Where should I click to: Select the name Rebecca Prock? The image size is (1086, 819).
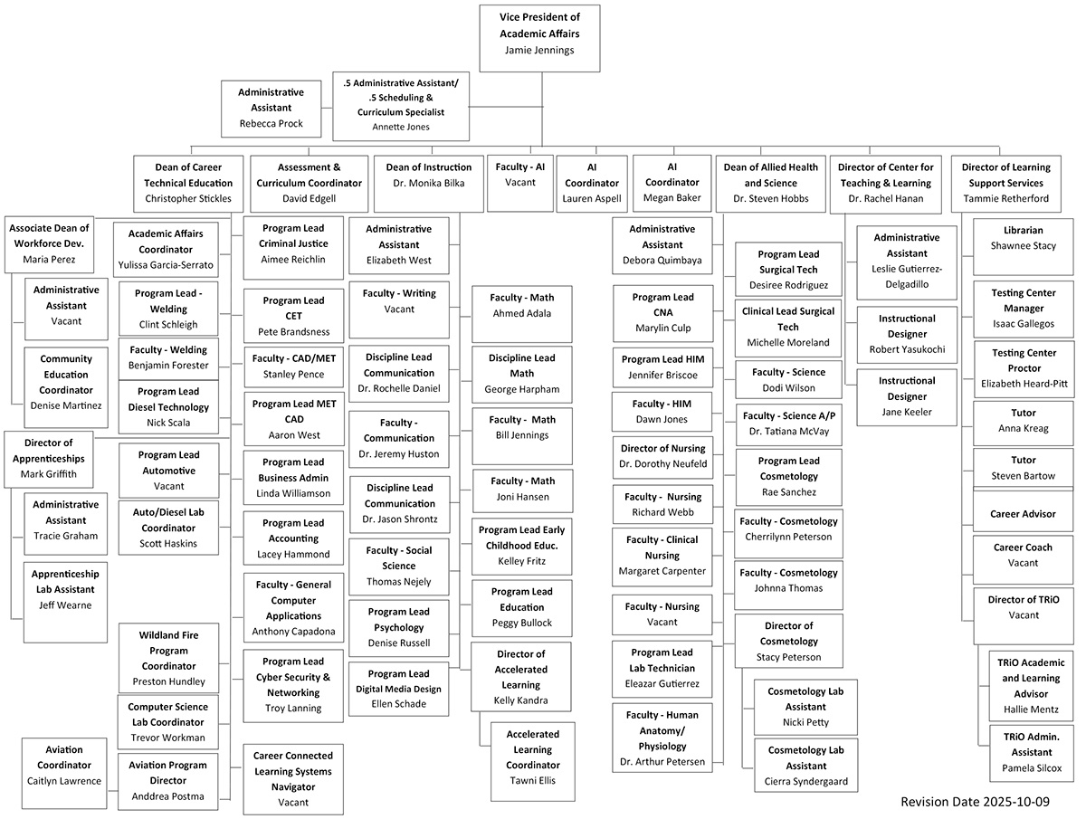pyautogui.click(x=271, y=124)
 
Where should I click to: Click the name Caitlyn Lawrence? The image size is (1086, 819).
pyautogui.click(x=64, y=781)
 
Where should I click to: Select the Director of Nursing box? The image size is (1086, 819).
pyautogui.click(x=662, y=456)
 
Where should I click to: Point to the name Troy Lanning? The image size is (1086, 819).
pyautogui.click(x=293, y=709)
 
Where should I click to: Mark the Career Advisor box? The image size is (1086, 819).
pyautogui.click(x=1023, y=514)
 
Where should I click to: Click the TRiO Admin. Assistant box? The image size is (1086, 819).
pyautogui.click(x=1031, y=752)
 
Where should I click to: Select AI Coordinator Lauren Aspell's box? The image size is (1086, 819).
pyautogui.click(x=592, y=182)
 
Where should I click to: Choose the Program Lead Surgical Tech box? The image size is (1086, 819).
pyautogui.click(x=787, y=270)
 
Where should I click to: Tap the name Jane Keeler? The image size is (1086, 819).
pyautogui.click(x=906, y=413)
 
